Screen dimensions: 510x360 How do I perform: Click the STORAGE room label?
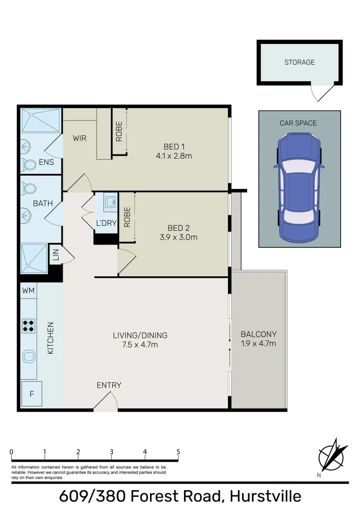[299, 62]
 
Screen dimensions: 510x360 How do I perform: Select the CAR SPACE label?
[298, 123]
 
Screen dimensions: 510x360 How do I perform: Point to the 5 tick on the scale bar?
[178, 452]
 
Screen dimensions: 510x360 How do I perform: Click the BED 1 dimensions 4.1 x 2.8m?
[174, 155]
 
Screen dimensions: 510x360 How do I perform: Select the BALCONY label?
[258, 333]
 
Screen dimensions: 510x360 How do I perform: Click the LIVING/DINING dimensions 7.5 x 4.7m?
[140, 345]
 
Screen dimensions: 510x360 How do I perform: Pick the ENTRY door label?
[109, 385]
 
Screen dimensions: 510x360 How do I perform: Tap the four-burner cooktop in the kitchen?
[28, 326]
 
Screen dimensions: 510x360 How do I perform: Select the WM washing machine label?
[28, 291]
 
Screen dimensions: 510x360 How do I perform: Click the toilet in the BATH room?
[29, 189]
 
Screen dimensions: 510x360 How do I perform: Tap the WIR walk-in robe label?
[79, 139]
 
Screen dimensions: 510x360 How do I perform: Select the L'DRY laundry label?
[106, 223]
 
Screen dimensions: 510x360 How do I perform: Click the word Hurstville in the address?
[265, 496]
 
